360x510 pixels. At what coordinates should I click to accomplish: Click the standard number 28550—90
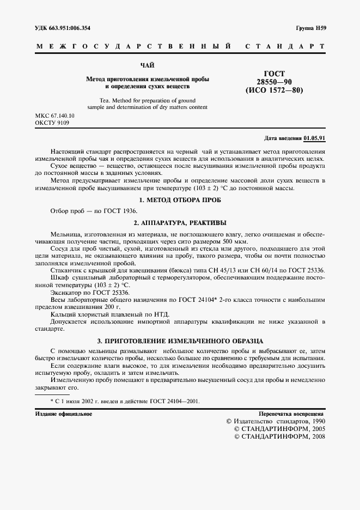tap(274, 81)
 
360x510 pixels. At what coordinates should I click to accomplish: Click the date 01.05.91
tap(315, 138)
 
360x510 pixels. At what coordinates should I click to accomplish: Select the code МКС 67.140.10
tap(55, 117)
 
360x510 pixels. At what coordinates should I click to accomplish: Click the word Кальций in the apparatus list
tap(63, 314)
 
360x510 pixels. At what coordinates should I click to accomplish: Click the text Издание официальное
tap(63, 414)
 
